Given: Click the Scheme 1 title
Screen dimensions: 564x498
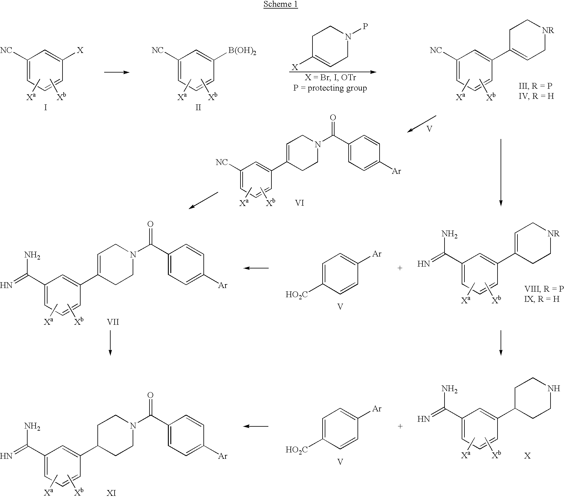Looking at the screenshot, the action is (x=281, y=4).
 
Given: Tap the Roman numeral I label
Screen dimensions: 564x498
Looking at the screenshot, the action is (x=46, y=107).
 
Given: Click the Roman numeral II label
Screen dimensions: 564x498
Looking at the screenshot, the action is (x=199, y=107).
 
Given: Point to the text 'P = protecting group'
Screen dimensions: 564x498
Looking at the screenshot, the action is (x=330, y=88).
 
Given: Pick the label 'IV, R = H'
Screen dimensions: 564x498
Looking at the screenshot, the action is (x=535, y=97).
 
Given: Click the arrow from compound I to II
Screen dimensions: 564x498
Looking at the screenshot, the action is (x=117, y=72).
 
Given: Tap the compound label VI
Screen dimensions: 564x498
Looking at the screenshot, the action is (x=299, y=203).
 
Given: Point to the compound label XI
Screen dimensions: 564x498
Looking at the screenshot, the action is (x=111, y=493).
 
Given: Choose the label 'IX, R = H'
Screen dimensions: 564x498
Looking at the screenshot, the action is (x=542, y=299).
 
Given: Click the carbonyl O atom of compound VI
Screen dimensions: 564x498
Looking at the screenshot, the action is (x=333, y=118).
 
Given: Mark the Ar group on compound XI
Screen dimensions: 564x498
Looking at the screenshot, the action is (x=223, y=456).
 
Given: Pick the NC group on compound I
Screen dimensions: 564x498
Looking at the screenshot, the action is (x=7, y=50).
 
